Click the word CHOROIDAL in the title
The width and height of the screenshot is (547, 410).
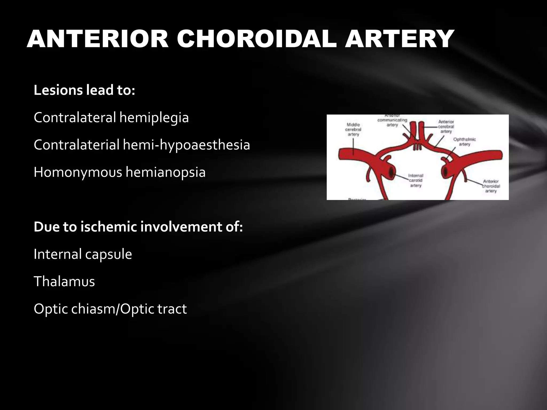tap(256, 39)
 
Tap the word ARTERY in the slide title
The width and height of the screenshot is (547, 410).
tap(400, 39)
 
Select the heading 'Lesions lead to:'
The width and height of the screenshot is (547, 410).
tap(84, 90)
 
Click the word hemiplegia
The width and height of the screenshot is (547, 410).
tap(154, 118)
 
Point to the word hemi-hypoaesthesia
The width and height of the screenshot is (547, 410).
tap(186, 145)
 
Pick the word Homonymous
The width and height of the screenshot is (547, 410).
tap(78, 172)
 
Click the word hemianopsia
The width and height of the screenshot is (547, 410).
tap(166, 172)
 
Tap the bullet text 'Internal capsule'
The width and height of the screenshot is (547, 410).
tap(83, 254)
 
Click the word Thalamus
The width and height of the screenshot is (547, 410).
tap(64, 281)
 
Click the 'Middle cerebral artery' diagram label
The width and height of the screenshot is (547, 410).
tap(353, 129)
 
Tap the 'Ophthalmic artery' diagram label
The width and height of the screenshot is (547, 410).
tap(464, 142)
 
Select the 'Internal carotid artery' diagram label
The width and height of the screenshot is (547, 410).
tap(416, 180)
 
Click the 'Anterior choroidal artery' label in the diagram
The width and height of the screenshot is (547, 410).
tap(491, 186)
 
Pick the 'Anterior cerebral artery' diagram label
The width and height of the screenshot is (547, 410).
tap(446, 127)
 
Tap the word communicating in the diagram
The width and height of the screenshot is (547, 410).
tap(392, 120)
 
